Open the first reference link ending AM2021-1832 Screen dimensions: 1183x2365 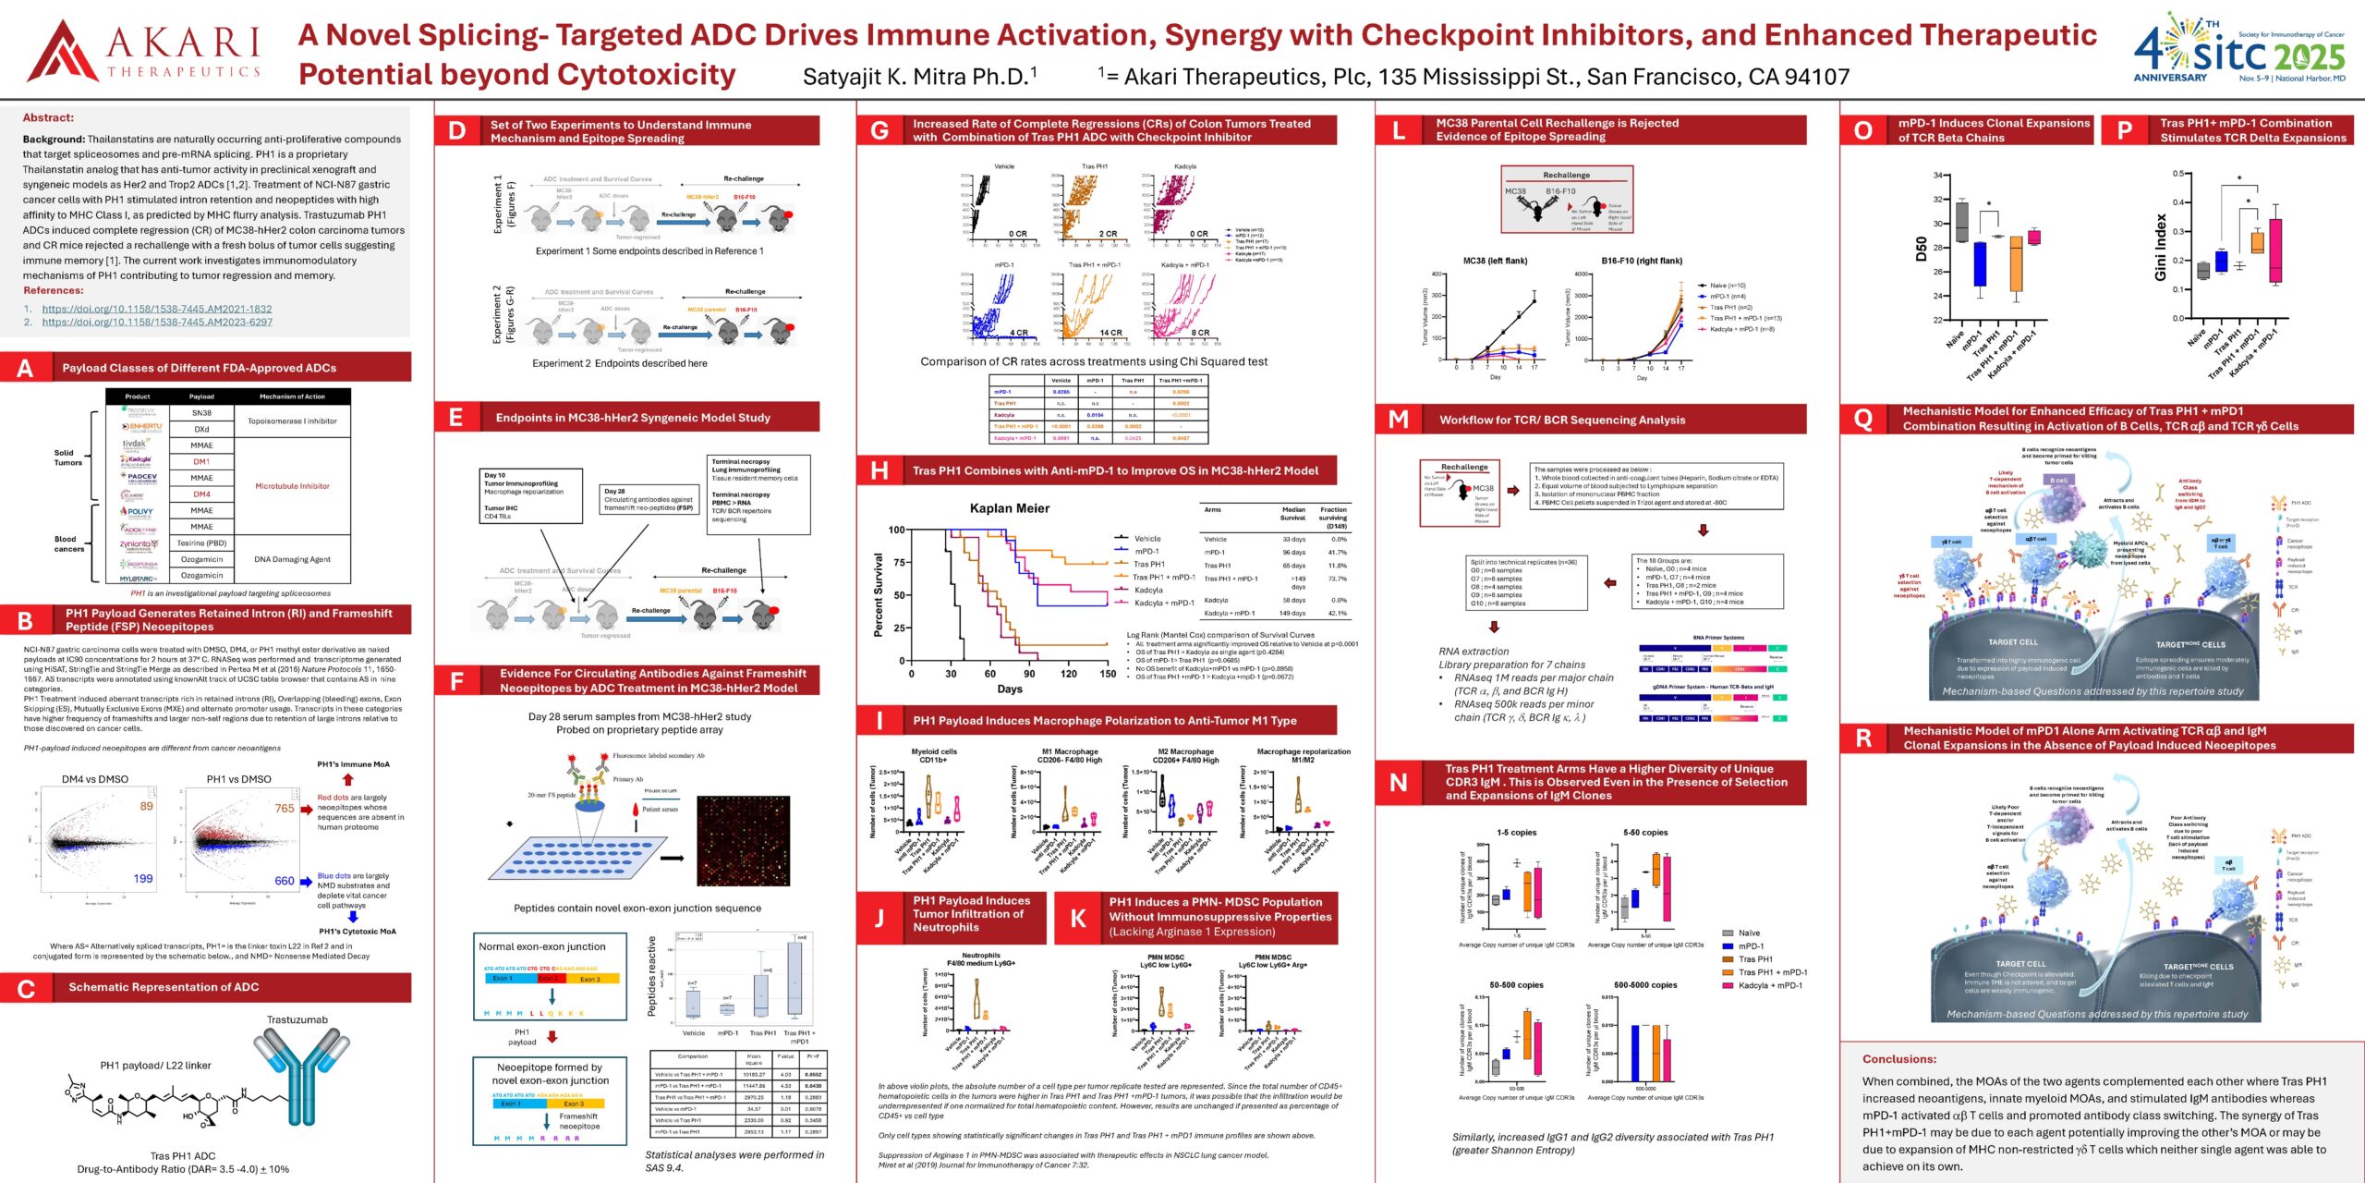157,309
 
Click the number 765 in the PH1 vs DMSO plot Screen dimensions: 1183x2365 285,808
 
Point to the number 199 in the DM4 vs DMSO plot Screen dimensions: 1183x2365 143,878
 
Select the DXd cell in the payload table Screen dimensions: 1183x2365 201,429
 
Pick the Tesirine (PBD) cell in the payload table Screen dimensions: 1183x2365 201,543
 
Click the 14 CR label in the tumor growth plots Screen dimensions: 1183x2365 1110,333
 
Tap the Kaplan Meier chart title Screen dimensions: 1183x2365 1009,508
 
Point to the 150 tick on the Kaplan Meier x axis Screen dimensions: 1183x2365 1108,674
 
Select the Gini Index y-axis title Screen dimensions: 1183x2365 2160,247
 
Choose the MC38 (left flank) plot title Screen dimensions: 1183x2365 1495,261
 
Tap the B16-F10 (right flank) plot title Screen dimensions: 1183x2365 1642,261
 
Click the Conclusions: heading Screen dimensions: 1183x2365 1898,1059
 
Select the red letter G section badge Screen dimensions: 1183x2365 879,130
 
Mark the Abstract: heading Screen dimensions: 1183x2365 48,117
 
